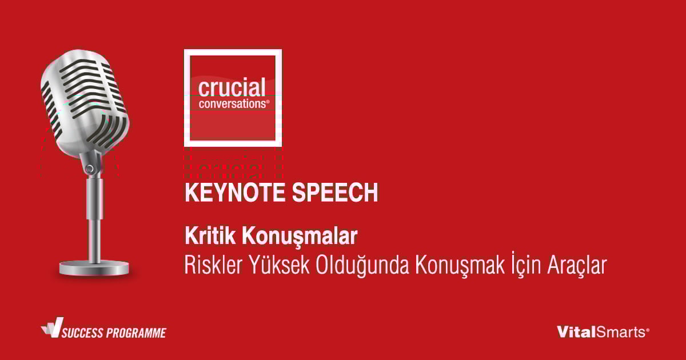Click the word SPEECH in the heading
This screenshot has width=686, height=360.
[335, 192]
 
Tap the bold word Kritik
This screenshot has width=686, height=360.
[210, 235]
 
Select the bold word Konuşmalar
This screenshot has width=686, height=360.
[300, 237]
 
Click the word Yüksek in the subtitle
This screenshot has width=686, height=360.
[280, 264]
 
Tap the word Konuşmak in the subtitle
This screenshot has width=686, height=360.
[460, 265]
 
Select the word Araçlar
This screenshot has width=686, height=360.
[577, 265]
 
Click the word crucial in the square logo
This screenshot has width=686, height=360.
[232, 87]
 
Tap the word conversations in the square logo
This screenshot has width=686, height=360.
[234, 104]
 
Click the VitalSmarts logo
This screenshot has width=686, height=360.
[603, 332]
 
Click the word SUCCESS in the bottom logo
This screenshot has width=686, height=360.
[82, 333]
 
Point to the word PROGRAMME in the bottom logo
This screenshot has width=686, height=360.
[136, 333]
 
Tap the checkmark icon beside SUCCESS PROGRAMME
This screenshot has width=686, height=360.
[53, 327]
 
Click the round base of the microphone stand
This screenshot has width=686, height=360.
[94, 268]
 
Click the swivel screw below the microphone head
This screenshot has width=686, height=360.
[89, 169]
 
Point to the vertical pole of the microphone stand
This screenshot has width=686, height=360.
[94, 220]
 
